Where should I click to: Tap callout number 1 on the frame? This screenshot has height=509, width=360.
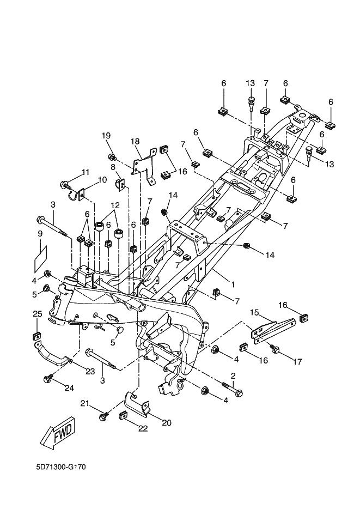coord(233,284)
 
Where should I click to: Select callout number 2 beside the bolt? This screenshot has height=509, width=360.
coord(233,375)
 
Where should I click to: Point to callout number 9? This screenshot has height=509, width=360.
coord(40,233)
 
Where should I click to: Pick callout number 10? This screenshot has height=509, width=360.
coord(102,179)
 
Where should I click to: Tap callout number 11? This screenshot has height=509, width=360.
coord(85,172)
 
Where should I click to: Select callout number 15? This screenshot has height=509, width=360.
coord(254,312)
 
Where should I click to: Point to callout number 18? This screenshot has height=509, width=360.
coord(135,141)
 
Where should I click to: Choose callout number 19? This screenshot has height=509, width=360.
coord(106,135)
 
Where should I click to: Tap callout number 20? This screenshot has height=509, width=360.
coord(167,422)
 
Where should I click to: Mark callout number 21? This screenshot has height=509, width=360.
coord(84,403)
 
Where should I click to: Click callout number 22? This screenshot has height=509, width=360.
coord(143,429)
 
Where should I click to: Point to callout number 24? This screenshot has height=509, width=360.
coord(68,388)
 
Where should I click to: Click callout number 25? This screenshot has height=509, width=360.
coord(37,314)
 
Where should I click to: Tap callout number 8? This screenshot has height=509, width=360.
coord(113,167)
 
